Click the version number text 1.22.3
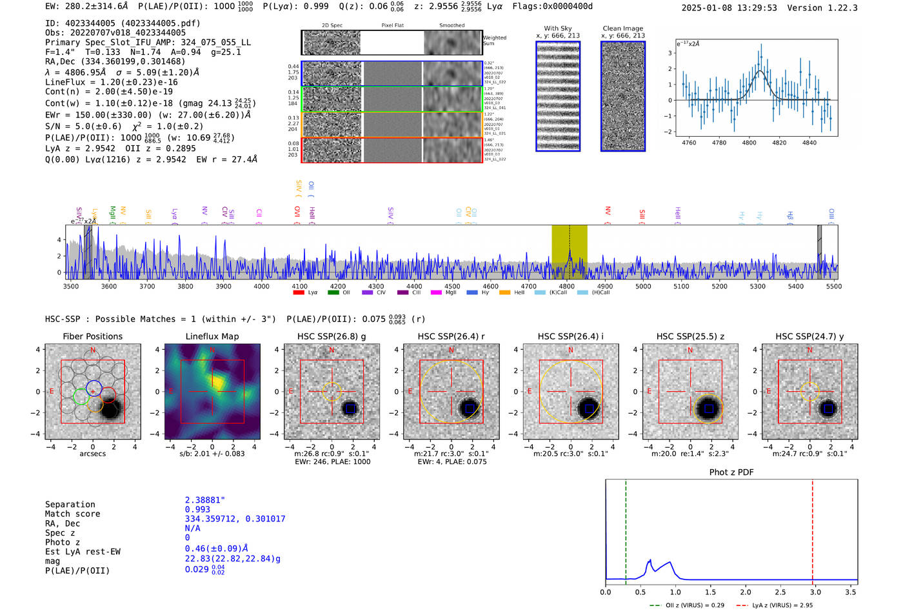coord(842,8)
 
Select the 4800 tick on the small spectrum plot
coord(749,143)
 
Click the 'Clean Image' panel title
coord(622,28)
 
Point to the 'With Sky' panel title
coord(557,28)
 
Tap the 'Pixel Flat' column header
coord(392,26)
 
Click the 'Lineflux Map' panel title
coord(212,336)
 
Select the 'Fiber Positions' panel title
coord(92,336)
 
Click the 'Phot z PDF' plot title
coord(731,472)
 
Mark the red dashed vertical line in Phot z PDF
coord(812,529)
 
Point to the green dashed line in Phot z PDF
coord(626,529)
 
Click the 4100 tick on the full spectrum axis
coord(299,287)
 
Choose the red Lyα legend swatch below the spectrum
coord(299,293)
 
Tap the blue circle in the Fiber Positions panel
coord(94,388)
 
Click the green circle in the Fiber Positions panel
coord(81,397)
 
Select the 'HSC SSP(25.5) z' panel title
coord(690,336)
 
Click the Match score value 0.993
coord(197,510)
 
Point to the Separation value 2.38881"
coord(204,500)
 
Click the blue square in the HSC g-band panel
coord(350,408)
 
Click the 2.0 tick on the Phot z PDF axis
coord(745,592)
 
